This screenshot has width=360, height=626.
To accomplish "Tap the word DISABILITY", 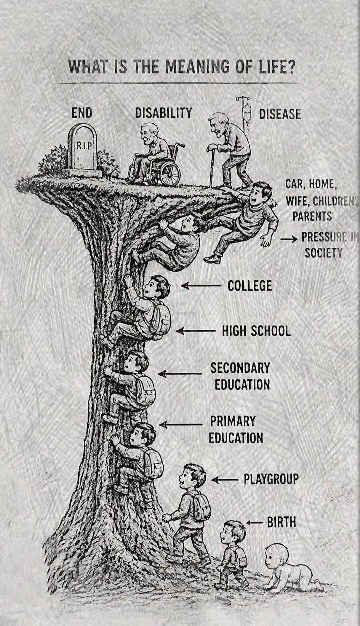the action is coord(163,113).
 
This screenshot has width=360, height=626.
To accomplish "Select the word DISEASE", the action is coord(280,114).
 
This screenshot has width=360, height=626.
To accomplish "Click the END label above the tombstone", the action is coord(82,113).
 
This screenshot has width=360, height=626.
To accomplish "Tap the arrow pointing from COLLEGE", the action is coord(201,286).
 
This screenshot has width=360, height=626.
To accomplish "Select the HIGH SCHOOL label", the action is coord(256,331).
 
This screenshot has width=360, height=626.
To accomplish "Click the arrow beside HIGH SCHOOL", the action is coord(195,331).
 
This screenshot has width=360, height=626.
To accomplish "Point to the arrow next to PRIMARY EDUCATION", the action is coord(181,424).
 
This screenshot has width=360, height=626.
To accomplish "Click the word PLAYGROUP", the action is coord(271,479).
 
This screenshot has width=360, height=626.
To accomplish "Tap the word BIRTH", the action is coord(281,522).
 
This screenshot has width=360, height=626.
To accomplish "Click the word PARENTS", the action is coord(312,216).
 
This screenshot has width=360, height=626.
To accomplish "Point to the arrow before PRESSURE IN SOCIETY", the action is coord(289,239).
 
